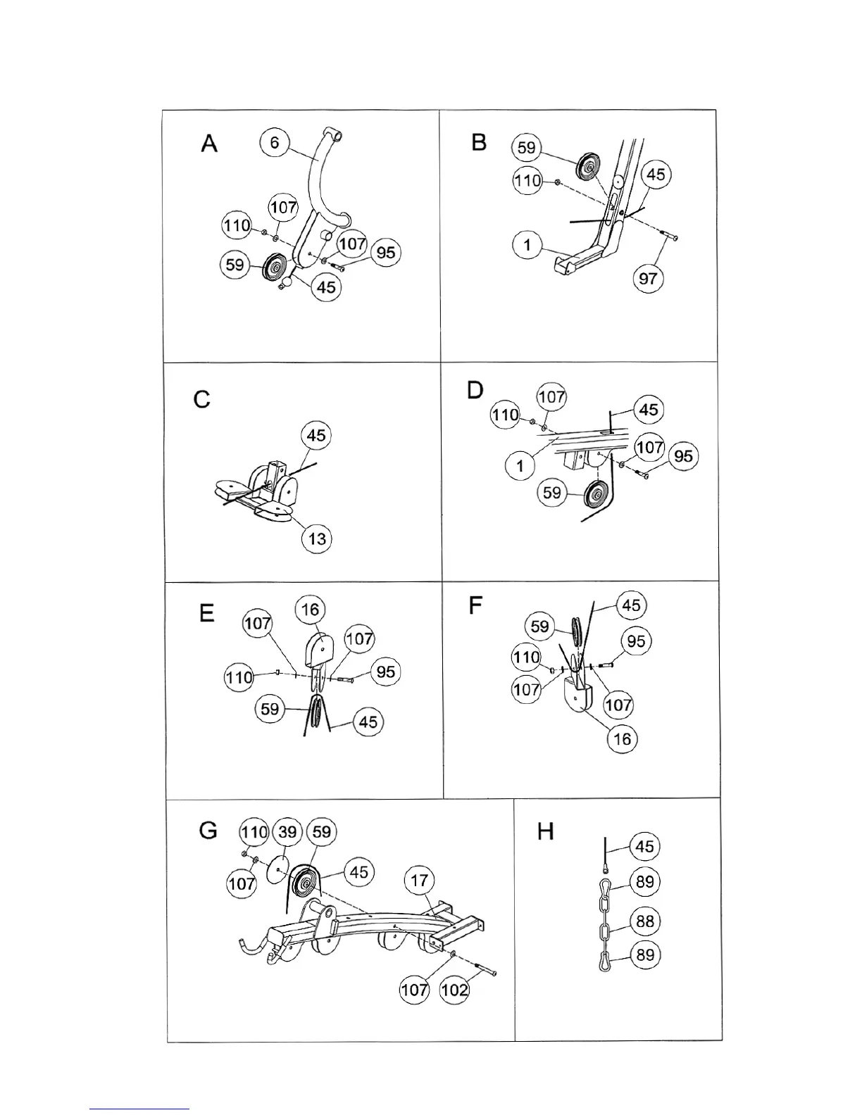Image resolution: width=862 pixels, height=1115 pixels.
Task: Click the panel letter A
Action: click(x=209, y=144)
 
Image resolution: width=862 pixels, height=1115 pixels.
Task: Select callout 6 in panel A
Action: click(x=274, y=143)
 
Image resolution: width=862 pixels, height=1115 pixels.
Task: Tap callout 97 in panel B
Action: click(x=647, y=278)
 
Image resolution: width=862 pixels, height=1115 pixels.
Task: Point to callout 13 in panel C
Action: click(x=317, y=538)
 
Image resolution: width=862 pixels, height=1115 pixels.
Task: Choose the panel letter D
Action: click(x=475, y=390)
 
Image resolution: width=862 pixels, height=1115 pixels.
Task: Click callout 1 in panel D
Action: click(x=520, y=465)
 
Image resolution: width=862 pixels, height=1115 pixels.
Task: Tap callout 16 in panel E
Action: click(x=311, y=610)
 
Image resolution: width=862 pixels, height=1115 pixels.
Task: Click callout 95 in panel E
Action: click(x=385, y=672)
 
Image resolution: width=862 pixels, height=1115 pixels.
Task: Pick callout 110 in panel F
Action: click(x=525, y=658)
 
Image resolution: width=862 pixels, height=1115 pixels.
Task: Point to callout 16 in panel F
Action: click(x=623, y=738)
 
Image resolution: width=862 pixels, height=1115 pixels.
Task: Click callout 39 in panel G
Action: click(x=287, y=832)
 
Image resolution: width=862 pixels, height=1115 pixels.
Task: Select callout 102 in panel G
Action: click(x=454, y=990)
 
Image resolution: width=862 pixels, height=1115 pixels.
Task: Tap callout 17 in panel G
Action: click(x=419, y=880)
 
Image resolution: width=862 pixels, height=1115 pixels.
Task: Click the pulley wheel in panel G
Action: click(x=306, y=882)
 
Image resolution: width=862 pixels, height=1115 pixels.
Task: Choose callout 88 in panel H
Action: click(x=644, y=921)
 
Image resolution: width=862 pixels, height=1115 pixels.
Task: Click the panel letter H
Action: click(x=546, y=831)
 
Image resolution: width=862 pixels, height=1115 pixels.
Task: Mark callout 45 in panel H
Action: click(x=644, y=847)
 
